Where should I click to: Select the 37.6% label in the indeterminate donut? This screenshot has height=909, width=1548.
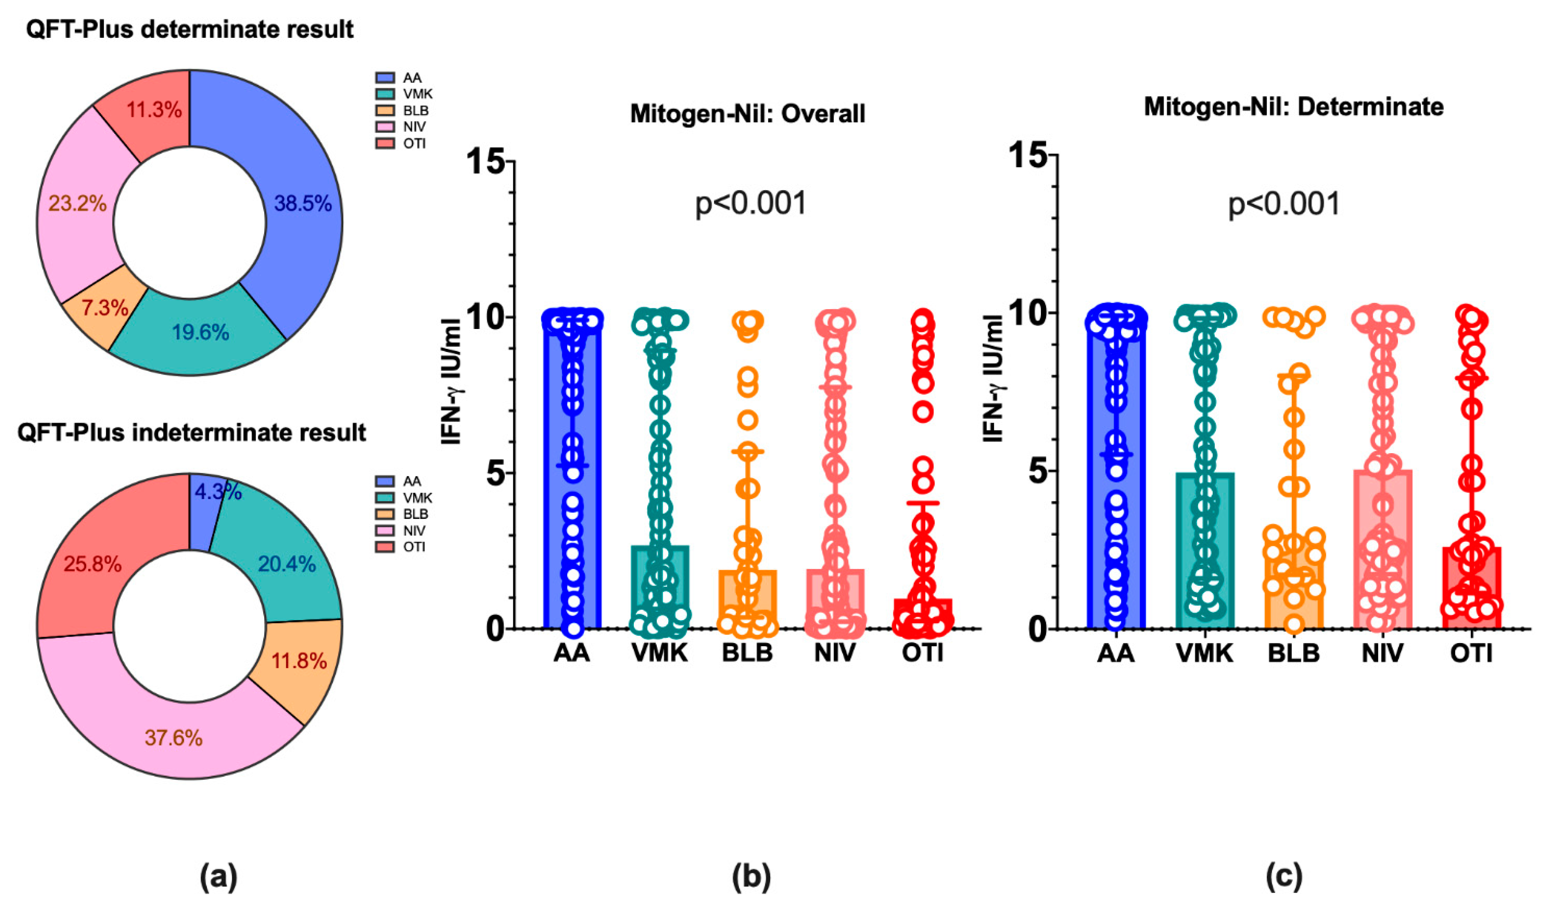[x=174, y=737]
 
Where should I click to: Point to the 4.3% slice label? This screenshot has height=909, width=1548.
[x=218, y=492]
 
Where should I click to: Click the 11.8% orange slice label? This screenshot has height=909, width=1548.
[x=299, y=661]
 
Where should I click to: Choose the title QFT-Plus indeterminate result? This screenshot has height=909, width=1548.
[x=192, y=433]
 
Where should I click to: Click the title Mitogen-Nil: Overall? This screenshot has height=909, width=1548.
[x=748, y=114]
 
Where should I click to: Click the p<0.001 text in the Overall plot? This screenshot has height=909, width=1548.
[x=751, y=203]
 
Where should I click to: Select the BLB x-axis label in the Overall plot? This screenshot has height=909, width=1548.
[x=747, y=652]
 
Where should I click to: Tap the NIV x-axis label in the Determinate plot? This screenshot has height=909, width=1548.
[x=1383, y=652]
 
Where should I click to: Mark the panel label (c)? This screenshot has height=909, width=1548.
[x=1284, y=877]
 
